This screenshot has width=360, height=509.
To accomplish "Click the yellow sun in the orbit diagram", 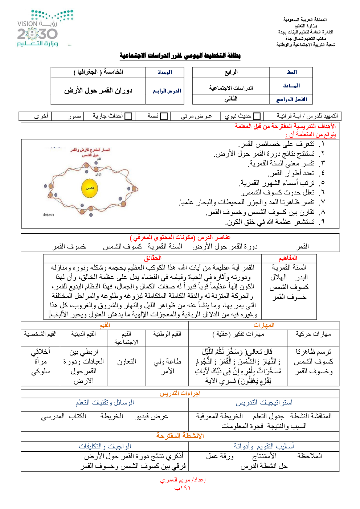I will tap(90, 188).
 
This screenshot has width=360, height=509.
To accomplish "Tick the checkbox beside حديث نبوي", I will tap(257, 116).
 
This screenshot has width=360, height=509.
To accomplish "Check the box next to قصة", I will tap(164, 116).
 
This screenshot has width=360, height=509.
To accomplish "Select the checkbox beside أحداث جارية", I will tap(128, 116).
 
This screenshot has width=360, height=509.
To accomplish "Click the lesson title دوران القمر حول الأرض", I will tap(98, 90).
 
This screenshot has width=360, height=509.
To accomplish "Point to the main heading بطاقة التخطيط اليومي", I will tap(180, 56).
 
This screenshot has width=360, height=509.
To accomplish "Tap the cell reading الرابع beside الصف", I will tap(231, 72).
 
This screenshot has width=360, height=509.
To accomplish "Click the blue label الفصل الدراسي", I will tap(291, 99).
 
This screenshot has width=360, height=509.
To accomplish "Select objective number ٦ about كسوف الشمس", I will tap(278, 193).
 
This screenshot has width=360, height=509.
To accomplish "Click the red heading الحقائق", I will tap(153, 258).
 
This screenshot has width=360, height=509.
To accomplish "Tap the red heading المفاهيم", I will tap(288, 258).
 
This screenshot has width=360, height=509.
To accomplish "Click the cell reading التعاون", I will tap(126, 362).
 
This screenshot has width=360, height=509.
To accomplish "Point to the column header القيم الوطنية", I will tap(167, 334).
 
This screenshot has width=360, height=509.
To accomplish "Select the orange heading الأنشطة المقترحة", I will tap(180, 436).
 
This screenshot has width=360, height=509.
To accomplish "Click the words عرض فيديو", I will tap(152, 416).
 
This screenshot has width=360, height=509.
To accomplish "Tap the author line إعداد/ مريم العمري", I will tap(183, 480).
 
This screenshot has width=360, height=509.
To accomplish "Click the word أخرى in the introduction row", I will tap(41, 116).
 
